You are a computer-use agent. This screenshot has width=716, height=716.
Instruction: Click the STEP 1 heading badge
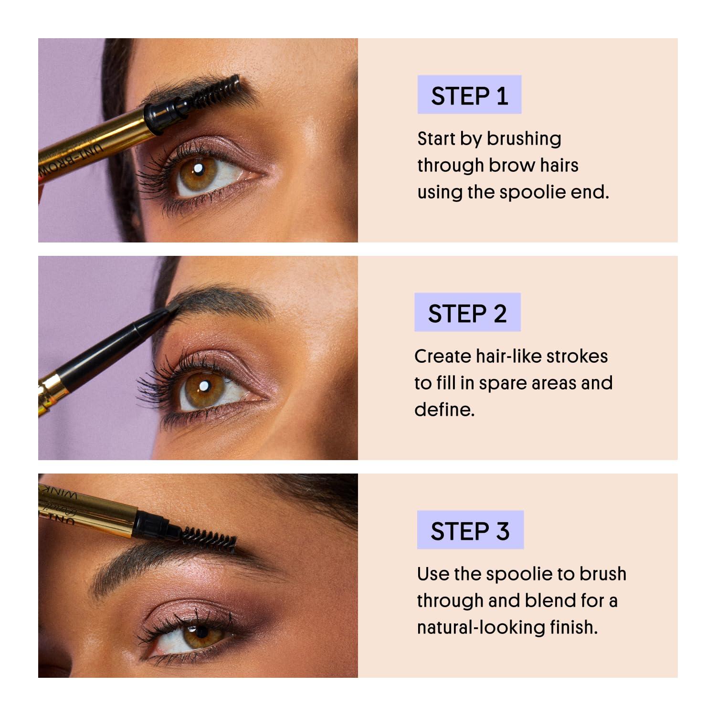pos(469,95)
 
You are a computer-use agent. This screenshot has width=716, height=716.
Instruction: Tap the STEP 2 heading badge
pos(467,313)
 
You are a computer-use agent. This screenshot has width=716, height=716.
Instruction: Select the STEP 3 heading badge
pos(470,530)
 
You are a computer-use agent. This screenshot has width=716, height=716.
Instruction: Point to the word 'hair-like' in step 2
pos(511,357)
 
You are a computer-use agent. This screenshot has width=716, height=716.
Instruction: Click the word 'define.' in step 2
pos(444,410)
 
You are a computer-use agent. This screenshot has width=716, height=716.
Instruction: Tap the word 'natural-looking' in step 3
pos(481,627)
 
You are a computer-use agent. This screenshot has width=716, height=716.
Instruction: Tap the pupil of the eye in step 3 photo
pos(202,633)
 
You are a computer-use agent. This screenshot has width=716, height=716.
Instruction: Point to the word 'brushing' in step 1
pos(524,139)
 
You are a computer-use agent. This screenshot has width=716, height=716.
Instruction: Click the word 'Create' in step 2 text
pos(442,357)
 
